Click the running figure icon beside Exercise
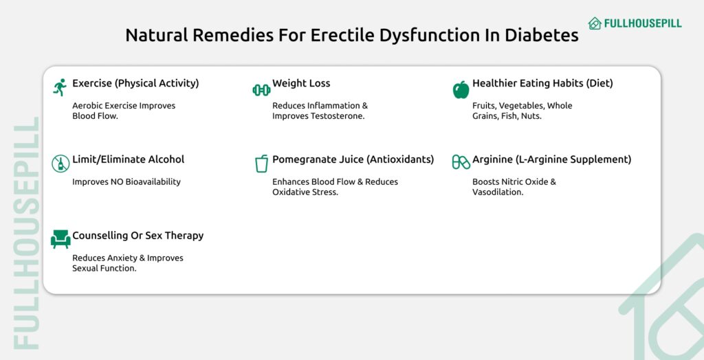coord(60,87)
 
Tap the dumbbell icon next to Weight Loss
coord(261,89)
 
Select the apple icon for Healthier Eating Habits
coord(461,89)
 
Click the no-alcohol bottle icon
coord(60,164)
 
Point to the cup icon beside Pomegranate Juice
coord(261,164)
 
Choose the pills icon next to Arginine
coord(461,163)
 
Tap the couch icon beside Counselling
coord(60,239)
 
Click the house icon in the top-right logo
coord(595,23)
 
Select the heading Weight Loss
coord(301,83)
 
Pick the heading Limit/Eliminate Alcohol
coord(128,159)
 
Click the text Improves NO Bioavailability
coord(126,182)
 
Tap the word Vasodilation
coord(497,192)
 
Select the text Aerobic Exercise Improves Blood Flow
coord(124,111)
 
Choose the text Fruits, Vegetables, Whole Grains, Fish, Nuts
coord(522,111)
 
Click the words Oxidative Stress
coord(305,192)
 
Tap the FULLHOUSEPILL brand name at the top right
coord(643,23)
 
